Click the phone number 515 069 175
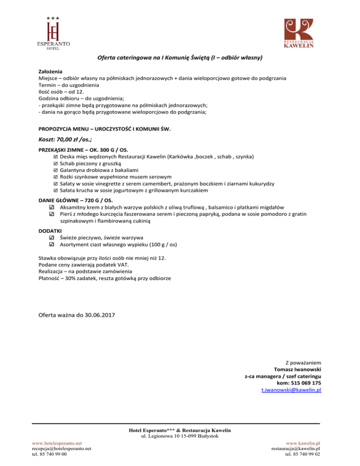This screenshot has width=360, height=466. coord(305,383)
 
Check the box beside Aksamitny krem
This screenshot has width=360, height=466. coord(52,207)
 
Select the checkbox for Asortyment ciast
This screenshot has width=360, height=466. coord(52,244)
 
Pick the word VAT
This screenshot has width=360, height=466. coord(113,264)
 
